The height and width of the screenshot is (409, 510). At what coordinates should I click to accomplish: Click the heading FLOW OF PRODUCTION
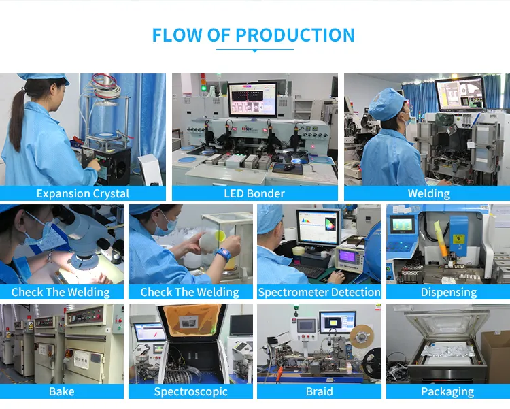click(x=254, y=35)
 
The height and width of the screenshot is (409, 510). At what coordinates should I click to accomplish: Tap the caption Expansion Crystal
click(x=83, y=193)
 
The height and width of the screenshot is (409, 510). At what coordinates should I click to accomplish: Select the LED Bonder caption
click(x=254, y=193)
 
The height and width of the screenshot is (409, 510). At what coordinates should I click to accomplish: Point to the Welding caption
click(x=428, y=193)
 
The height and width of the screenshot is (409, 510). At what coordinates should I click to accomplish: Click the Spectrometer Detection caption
click(x=319, y=292)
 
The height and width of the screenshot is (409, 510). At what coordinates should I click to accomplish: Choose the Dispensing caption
click(x=448, y=292)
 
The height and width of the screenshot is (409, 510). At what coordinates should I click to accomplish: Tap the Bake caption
click(x=61, y=391)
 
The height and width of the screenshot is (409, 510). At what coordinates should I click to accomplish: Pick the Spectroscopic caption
click(x=190, y=391)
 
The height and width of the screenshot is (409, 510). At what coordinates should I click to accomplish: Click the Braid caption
click(x=319, y=391)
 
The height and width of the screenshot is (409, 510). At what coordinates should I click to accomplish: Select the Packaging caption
click(x=447, y=391)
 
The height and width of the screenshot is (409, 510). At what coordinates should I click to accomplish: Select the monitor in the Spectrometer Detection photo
click(x=318, y=226)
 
